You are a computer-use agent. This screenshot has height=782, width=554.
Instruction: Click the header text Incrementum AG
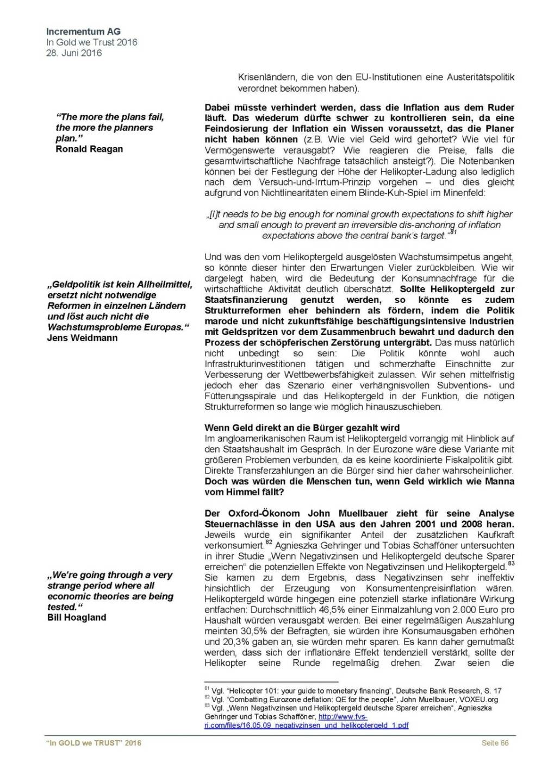(x=83, y=31)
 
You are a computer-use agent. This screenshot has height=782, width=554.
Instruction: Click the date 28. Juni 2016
(x=74, y=53)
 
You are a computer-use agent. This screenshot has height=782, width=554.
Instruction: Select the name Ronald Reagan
(x=89, y=149)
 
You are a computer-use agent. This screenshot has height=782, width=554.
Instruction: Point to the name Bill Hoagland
(x=77, y=617)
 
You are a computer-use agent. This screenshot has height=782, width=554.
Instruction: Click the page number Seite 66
(x=495, y=743)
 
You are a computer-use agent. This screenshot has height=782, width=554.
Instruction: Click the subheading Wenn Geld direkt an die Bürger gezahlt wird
(x=302, y=428)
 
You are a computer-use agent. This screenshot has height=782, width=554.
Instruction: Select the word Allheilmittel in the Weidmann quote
(x=158, y=284)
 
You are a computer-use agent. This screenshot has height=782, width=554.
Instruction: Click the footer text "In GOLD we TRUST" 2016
(x=94, y=743)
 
